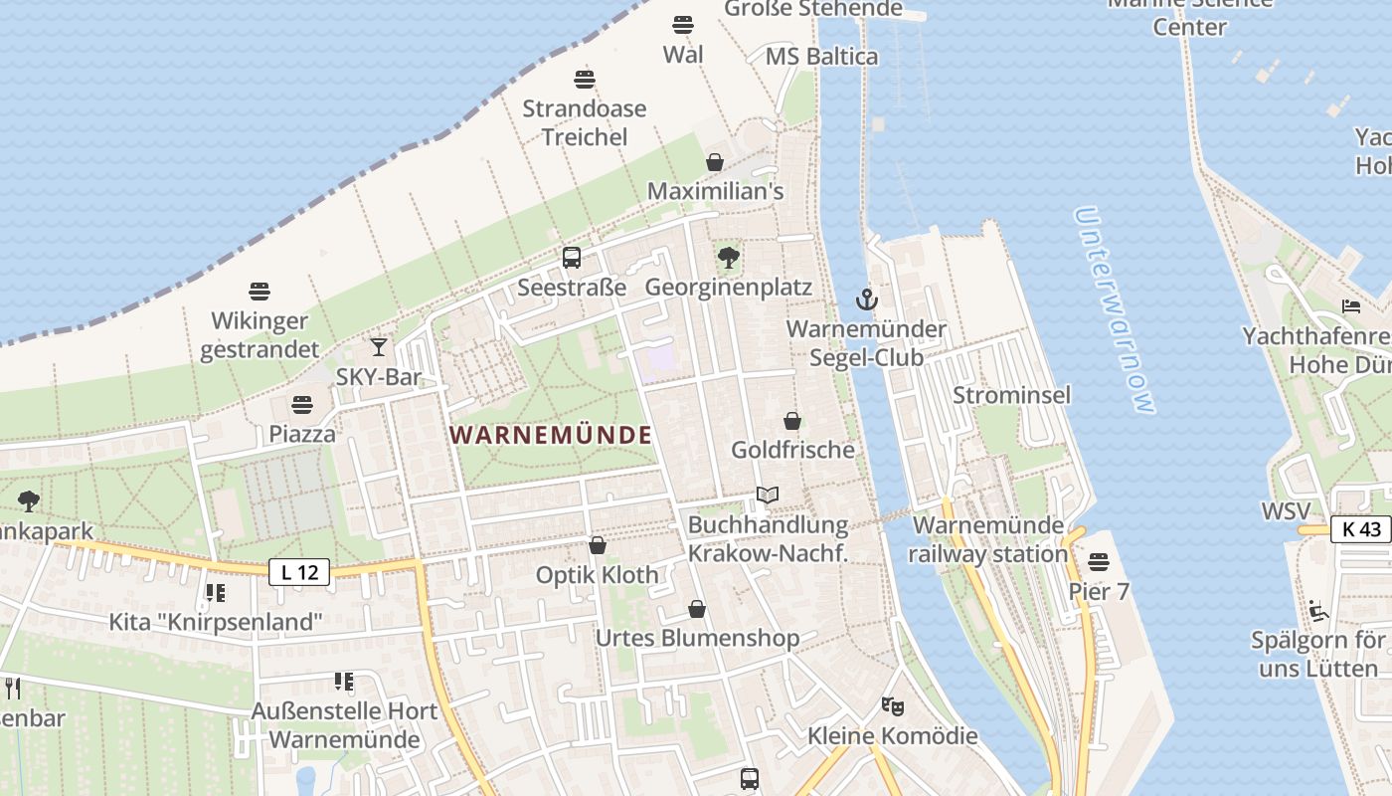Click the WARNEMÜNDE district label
[x=551, y=435]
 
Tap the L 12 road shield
[x=299, y=572]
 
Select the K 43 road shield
[x=1361, y=529]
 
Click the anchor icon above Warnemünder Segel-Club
[x=867, y=298]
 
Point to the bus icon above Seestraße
[x=572, y=258]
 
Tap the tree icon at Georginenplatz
[x=729, y=258]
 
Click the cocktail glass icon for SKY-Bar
[x=379, y=347]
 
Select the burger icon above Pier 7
[x=1099, y=562]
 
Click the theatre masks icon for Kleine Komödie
[x=892, y=706]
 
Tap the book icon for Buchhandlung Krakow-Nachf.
[x=768, y=495]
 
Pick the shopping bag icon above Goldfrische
[x=792, y=421]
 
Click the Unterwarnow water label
[x=1116, y=310]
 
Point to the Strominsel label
[x=1012, y=395]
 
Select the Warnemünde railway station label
[x=988, y=539]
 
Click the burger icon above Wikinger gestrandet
[x=260, y=292]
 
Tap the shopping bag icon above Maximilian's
[x=715, y=161]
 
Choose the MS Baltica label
[x=822, y=57]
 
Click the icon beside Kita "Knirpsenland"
[x=215, y=593]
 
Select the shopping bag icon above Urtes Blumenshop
[x=697, y=608]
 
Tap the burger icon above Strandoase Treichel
[x=585, y=80]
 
